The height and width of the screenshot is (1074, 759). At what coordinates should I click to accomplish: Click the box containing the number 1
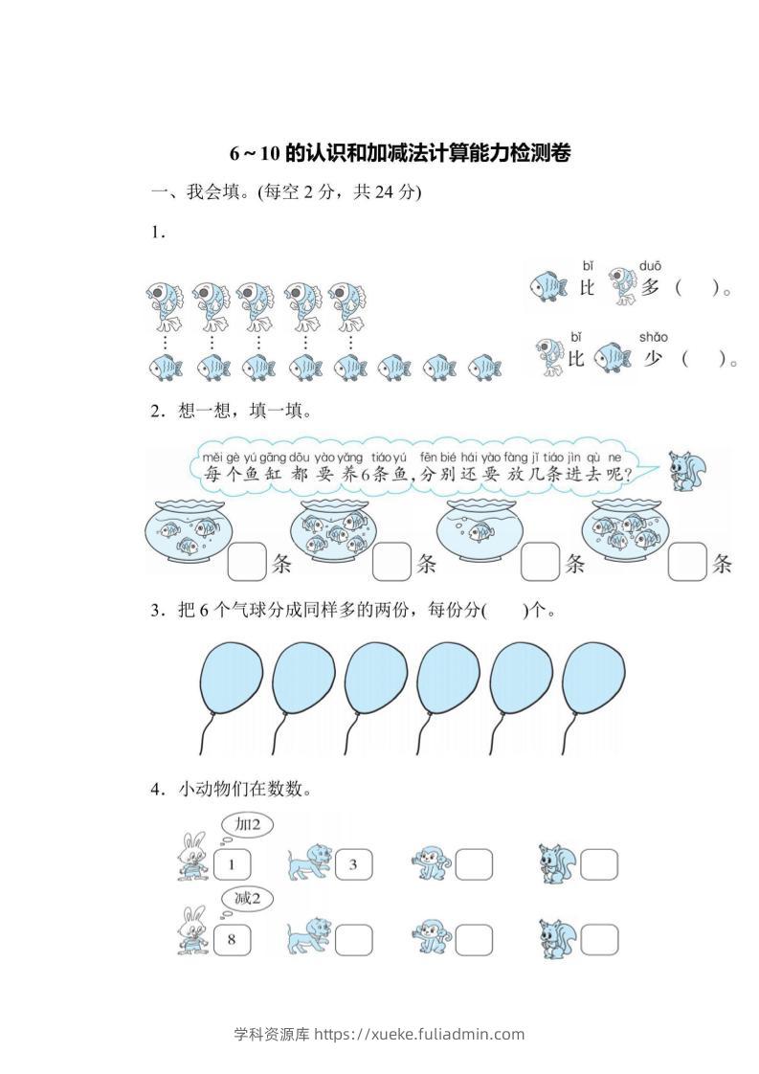[232, 865]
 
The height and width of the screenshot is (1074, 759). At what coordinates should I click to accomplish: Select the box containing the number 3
[351, 865]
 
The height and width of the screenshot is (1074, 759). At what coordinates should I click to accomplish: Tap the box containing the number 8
[232, 939]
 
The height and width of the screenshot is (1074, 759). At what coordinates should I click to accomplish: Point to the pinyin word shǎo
[653, 337]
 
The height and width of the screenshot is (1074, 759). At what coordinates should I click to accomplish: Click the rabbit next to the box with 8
[192, 932]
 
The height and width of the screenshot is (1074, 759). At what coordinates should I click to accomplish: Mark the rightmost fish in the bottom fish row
[485, 368]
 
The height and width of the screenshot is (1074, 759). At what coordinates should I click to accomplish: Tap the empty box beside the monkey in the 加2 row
[473, 865]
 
